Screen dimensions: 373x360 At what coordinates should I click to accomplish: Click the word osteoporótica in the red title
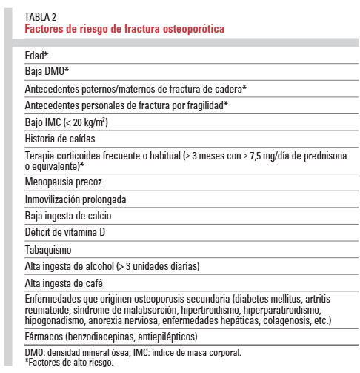pyautogui.click(x=190, y=30)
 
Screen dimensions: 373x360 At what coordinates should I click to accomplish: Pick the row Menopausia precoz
pyautogui.click(x=63, y=181)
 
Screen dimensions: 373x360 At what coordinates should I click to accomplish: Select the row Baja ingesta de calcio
pyautogui.click(x=67, y=215)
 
